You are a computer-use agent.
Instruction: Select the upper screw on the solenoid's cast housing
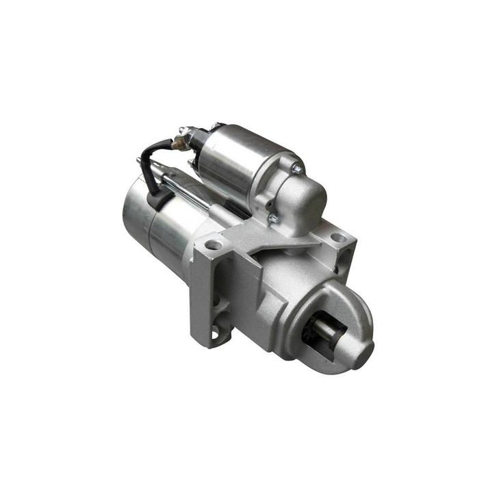point(296,168)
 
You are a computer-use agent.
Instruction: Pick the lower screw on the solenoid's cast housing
point(272,218)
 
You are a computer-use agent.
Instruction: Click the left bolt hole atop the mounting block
point(214,244)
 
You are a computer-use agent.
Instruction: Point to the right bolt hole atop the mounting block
point(338,238)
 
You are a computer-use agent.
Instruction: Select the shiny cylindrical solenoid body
point(240,161)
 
